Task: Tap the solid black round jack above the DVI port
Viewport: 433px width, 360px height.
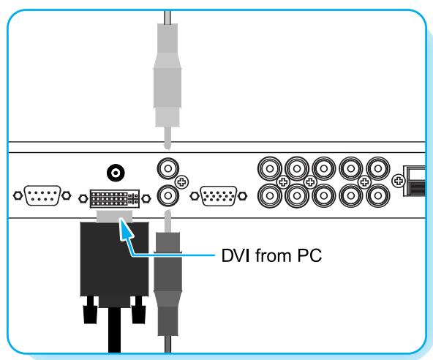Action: coord(114,173)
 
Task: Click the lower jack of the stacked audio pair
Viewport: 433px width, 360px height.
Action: coord(167,196)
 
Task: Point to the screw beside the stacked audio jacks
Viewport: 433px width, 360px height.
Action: coord(183,181)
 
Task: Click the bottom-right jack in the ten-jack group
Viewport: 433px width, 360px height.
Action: coord(378,195)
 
